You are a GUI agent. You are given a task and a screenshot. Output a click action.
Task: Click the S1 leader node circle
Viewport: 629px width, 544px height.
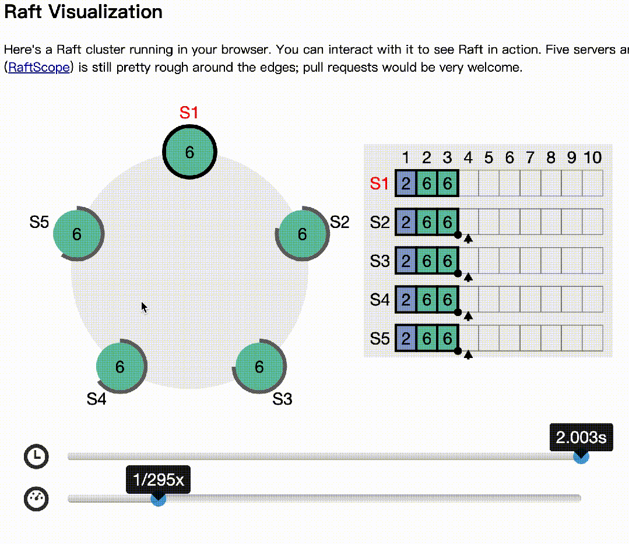189,152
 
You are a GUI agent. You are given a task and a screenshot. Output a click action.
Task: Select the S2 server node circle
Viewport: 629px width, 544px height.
302,234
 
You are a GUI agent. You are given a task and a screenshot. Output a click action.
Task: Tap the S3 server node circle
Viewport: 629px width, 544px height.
259,367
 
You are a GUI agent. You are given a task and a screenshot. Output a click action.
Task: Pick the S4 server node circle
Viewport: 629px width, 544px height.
120,367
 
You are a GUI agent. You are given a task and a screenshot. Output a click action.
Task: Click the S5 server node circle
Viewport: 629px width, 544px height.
76,234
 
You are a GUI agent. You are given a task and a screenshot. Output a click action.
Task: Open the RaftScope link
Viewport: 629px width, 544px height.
39,68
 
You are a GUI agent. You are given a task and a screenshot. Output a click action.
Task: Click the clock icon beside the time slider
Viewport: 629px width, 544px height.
36,457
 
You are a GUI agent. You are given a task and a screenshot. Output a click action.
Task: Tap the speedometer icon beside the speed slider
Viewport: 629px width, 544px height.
36,499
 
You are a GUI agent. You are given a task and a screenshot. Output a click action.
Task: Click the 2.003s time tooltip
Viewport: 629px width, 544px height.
581,437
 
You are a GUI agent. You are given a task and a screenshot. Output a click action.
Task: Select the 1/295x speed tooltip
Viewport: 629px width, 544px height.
158,480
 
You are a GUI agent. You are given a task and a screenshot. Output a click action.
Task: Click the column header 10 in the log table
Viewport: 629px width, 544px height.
592,157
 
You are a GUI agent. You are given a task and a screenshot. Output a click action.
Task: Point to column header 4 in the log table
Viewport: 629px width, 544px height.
468,157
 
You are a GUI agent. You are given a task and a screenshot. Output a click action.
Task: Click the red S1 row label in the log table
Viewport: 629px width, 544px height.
379,184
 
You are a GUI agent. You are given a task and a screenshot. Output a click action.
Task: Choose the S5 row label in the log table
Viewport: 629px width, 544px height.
379,339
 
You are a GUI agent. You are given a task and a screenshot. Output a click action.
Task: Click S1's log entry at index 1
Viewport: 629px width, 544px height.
406,184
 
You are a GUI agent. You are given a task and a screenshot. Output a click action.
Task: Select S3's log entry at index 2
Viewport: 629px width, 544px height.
427,261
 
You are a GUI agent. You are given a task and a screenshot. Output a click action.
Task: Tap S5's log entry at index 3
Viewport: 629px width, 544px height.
447,339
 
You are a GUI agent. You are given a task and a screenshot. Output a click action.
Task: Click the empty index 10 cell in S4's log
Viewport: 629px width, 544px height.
592,300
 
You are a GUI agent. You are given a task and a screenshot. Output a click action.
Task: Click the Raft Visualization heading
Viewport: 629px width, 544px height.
83,12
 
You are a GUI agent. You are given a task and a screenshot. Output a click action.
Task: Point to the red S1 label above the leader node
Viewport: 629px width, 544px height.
189,113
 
